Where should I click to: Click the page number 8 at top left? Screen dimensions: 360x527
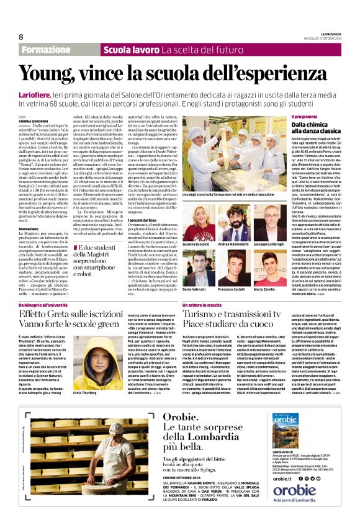point(20,37)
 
